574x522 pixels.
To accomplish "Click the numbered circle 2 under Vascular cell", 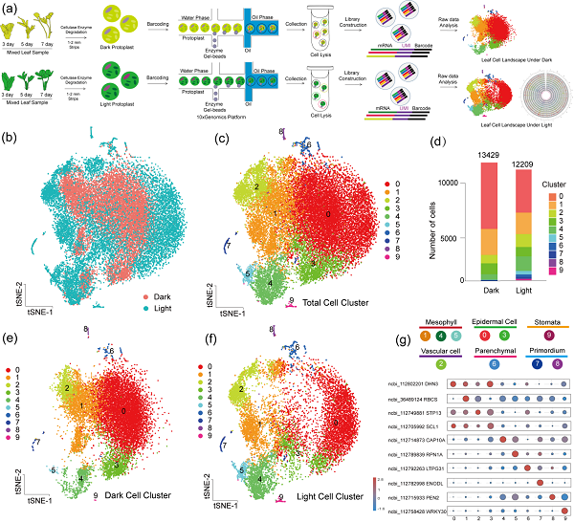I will click(439, 364).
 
